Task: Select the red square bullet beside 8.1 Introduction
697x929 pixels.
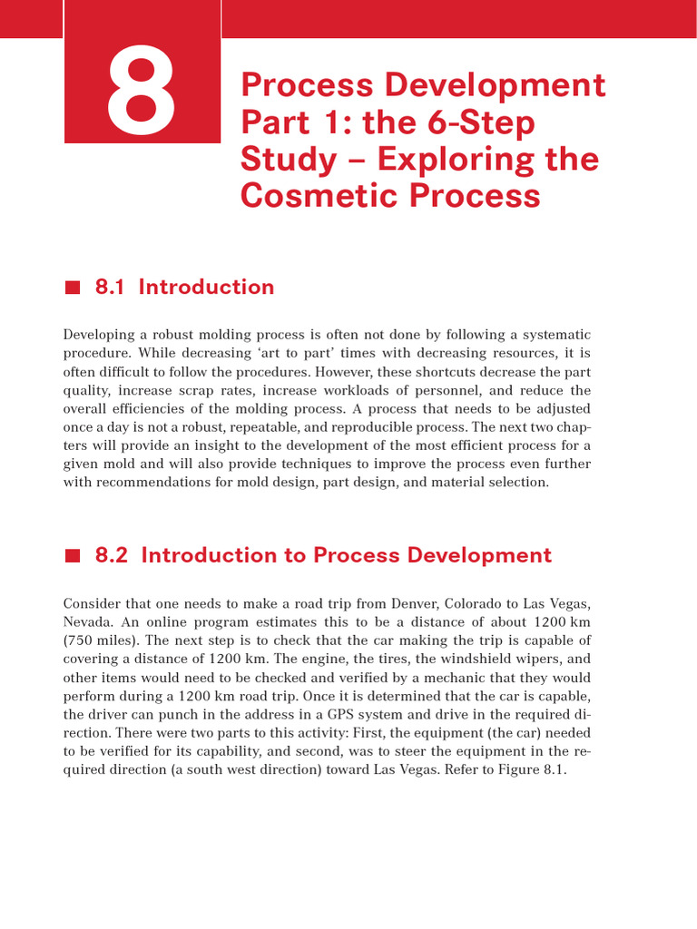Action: point(73,288)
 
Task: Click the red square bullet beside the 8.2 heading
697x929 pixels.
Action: point(73,555)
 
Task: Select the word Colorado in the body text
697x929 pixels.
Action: point(473,602)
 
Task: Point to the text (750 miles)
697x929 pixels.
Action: point(99,641)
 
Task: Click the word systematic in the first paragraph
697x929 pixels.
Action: point(552,334)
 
